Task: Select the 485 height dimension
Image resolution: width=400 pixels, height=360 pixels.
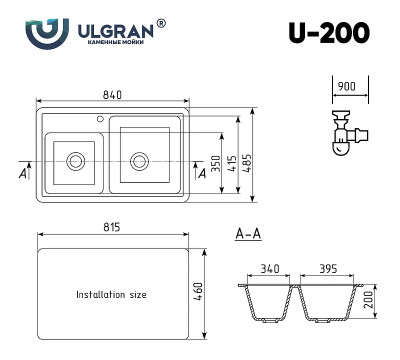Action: tap(258, 158)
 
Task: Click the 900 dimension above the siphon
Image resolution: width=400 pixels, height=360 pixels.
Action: tap(345, 88)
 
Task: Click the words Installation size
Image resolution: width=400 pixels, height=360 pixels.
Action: tap(111, 295)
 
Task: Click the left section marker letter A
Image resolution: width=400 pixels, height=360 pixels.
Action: tap(23, 173)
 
